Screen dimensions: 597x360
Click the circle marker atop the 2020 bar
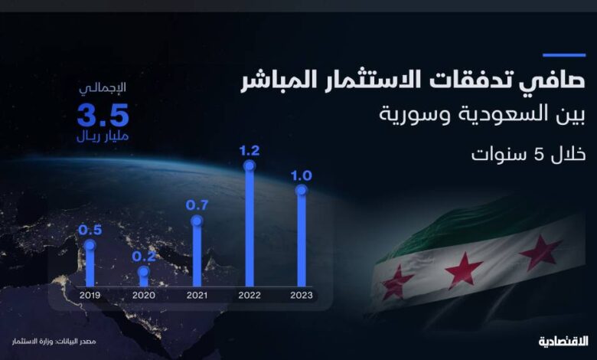[144, 272]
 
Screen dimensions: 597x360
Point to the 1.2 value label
[250, 151]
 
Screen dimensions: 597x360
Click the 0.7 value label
[197, 205]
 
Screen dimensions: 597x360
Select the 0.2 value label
[144, 257]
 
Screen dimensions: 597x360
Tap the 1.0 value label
[302, 175]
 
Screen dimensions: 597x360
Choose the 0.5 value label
[90, 230]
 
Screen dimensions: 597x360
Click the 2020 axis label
[144, 295]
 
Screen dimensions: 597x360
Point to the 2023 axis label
[302, 295]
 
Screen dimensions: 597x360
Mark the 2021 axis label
[197, 295]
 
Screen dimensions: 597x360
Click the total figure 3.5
[103, 115]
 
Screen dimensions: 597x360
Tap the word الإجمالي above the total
[103, 88]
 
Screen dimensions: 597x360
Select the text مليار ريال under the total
[103, 136]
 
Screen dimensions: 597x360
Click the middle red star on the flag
[464, 270]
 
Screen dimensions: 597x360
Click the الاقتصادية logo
[563, 342]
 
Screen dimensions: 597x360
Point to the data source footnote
[54, 342]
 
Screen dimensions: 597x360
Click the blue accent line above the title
[564, 55]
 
